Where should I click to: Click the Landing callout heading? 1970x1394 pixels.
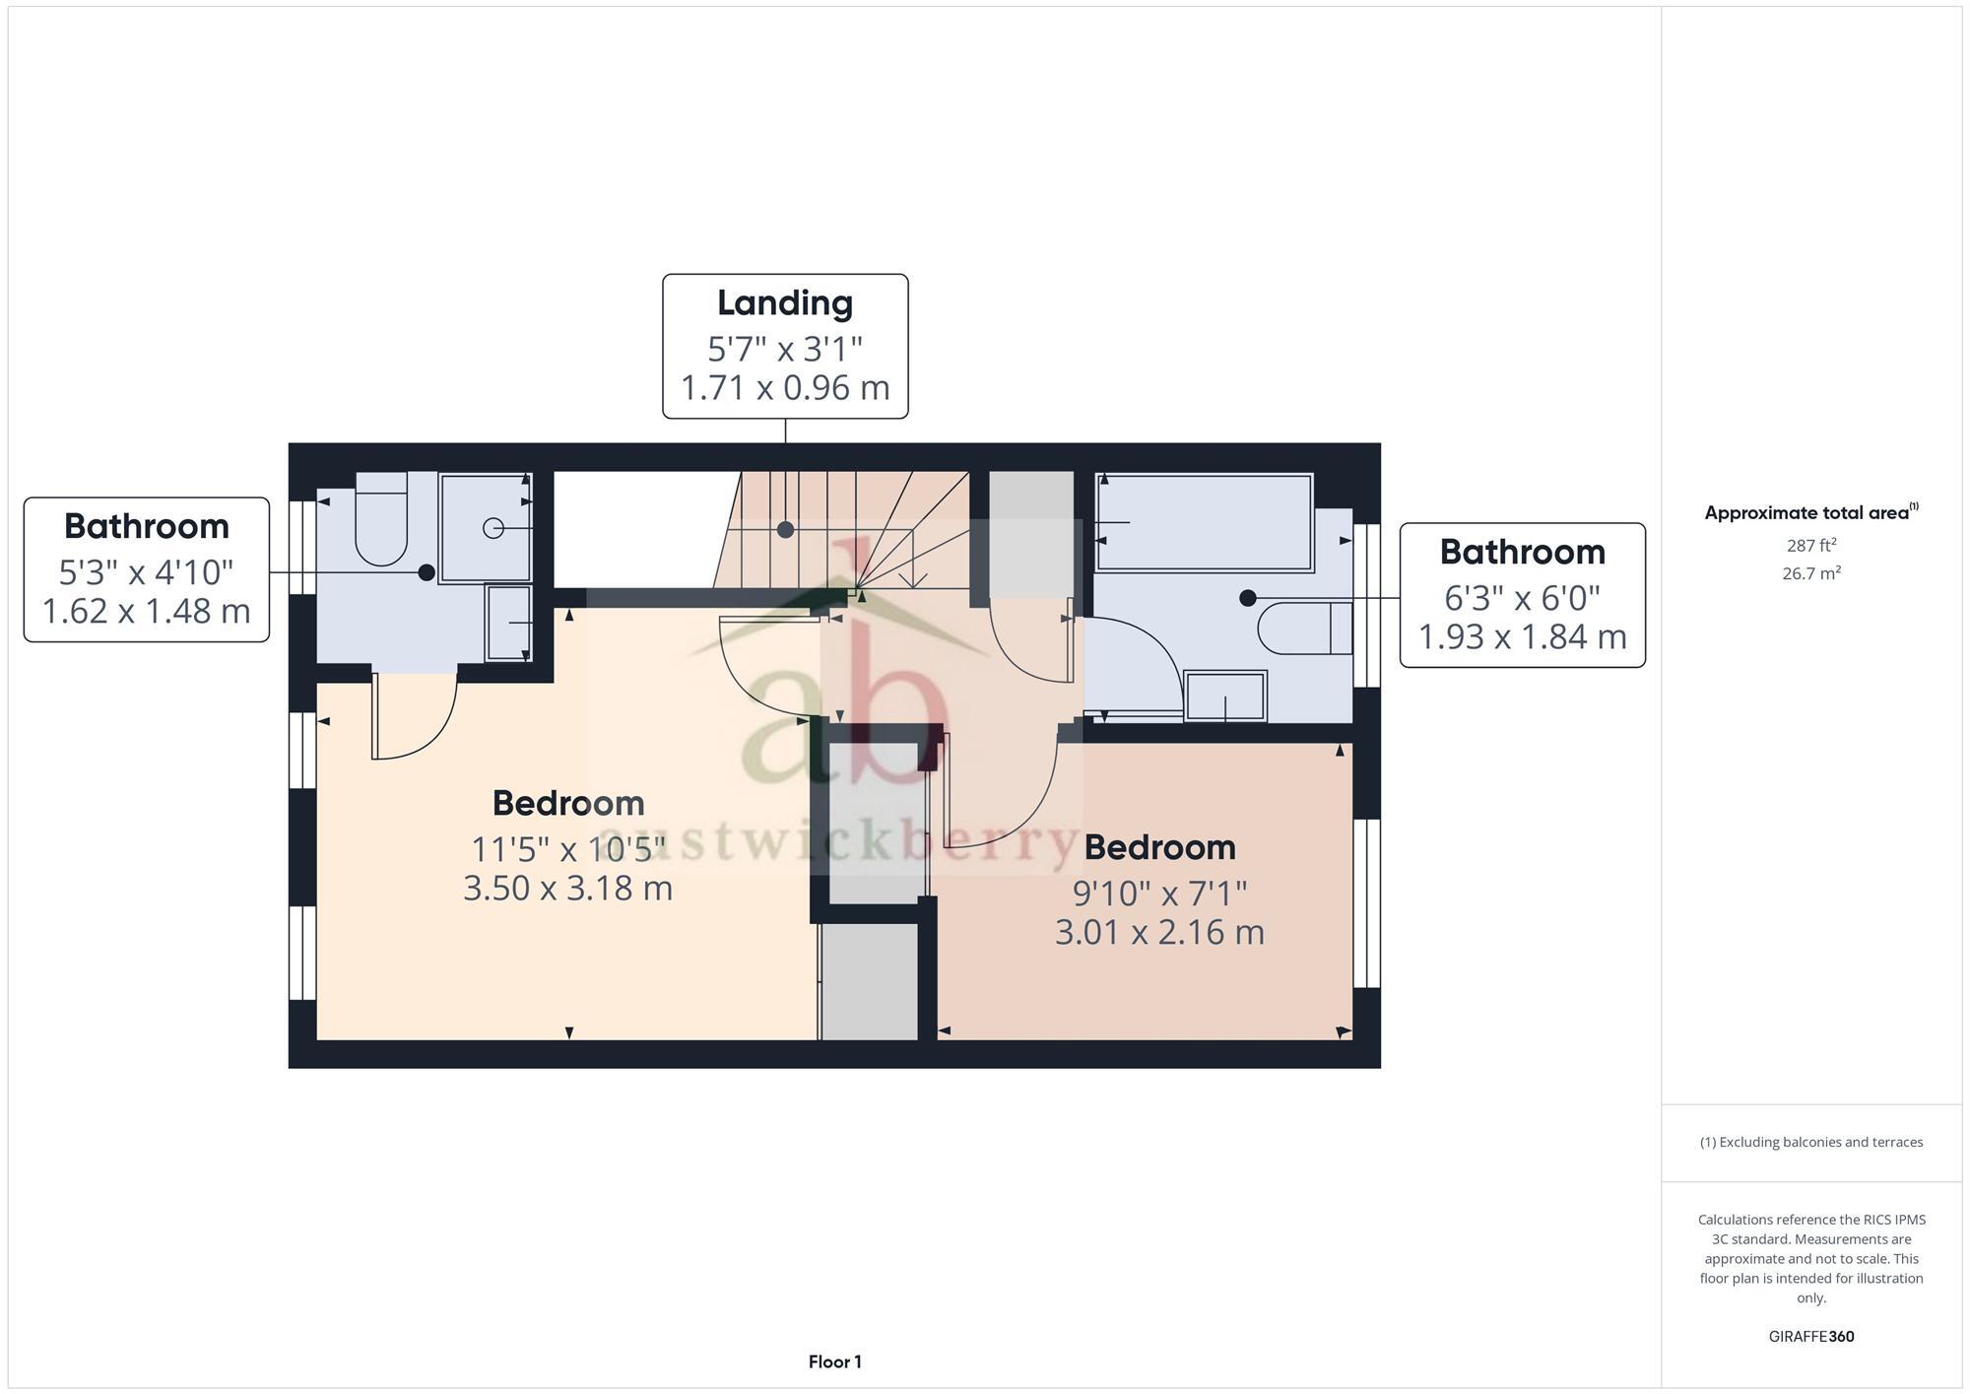pyautogui.click(x=785, y=303)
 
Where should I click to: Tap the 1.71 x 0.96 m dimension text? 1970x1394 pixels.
pyautogui.click(x=785, y=388)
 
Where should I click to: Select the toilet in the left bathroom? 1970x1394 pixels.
pyautogui.click(x=381, y=522)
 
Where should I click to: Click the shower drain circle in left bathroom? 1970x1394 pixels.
pyautogui.click(x=492, y=529)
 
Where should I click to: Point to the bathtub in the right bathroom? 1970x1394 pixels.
pyautogui.click(x=1204, y=522)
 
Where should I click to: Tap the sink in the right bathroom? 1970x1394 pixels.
pyautogui.click(x=1225, y=696)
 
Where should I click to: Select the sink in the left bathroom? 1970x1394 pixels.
pyautogui.click(x=508, y=623)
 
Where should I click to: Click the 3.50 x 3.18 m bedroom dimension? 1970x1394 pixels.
pyautogui.click(x=568, y=889)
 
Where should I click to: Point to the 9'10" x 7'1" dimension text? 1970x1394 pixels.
pyautogui.click(x=1159, y=894)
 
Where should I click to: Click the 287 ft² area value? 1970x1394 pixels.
pyautogui.click(x=1810, y=545)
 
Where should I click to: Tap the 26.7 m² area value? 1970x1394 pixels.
pyautogui.click(x=1810, y=573)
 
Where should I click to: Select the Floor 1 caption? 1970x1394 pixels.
pyautogui.click(x=834, y=1362)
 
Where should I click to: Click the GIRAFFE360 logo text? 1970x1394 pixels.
pyautogui.click(x=1810, y=1337)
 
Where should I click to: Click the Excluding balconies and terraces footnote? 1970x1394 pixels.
pyautogui.click(x=1810, y=1143)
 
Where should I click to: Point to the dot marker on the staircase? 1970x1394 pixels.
pyautogui.click(x=785, y=530)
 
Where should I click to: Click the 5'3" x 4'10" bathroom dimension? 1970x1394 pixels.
pyautogui.click(x=146, y=572)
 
